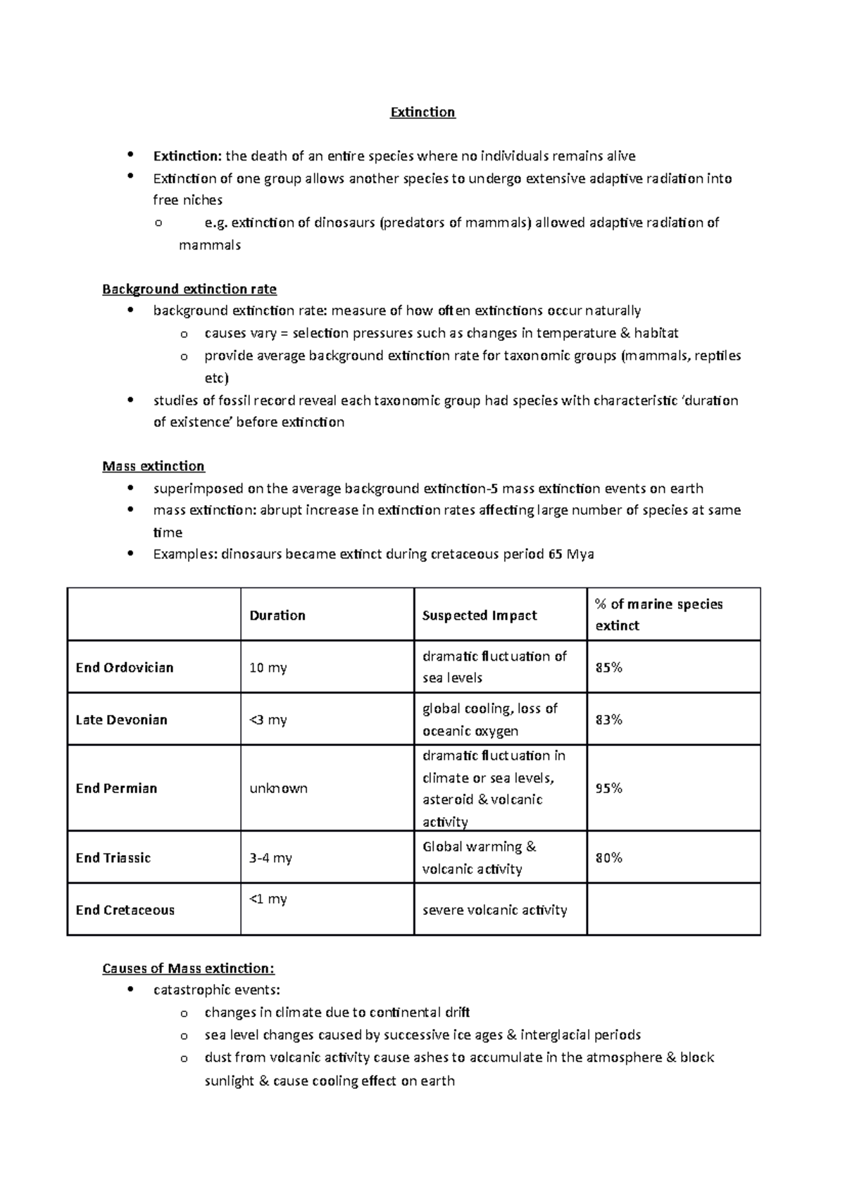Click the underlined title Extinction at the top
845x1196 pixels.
pyautogui.click(x=423, y=113)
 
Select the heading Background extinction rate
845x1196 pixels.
pyautogui.click(x=189, y=289)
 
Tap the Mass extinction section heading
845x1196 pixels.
pyautogui.click(x=153, y=466)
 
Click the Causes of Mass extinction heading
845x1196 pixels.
pyautogui.click(x=188, y=968)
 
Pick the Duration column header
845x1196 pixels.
pyautogui.click(x=277, y=616)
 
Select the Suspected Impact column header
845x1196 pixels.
pyautogui.click(x=479, y=616)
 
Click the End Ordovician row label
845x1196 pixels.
pyautogui.click(x=124, y=668)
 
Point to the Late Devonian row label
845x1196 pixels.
pyautogui.click(x=121, y=720)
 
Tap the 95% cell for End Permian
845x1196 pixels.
pyautogui.click(x=608, y=789)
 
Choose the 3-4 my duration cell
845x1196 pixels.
pyautogui.click(x=270, y=858)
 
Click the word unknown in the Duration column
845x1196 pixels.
pyautogui.click(x=278, y=789)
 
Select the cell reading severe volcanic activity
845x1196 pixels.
pyautogui.click(x=494, y=910)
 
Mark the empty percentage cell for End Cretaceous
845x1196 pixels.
pyautogui.click(x=673, y=910)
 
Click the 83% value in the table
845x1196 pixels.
pyautogui.click(x=608, y=720)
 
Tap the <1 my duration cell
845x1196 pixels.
pyautogui.click(x=268, y=899)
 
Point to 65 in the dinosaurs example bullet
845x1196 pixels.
pyautogui.click(x=555, y=554)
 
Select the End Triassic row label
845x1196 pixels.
pyautogui.click(x=113, y=858)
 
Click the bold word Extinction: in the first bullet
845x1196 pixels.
pyautogui.click(x=187, y=156)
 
